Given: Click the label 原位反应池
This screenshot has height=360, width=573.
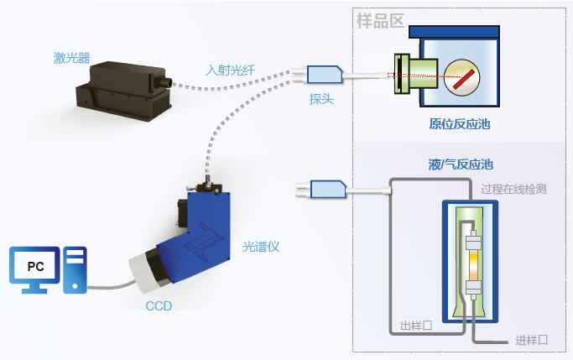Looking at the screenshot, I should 459,124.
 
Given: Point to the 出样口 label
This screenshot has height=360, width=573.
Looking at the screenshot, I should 416,326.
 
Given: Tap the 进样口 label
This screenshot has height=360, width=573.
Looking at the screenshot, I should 531,339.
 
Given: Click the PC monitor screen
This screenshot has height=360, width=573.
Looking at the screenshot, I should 35,266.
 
